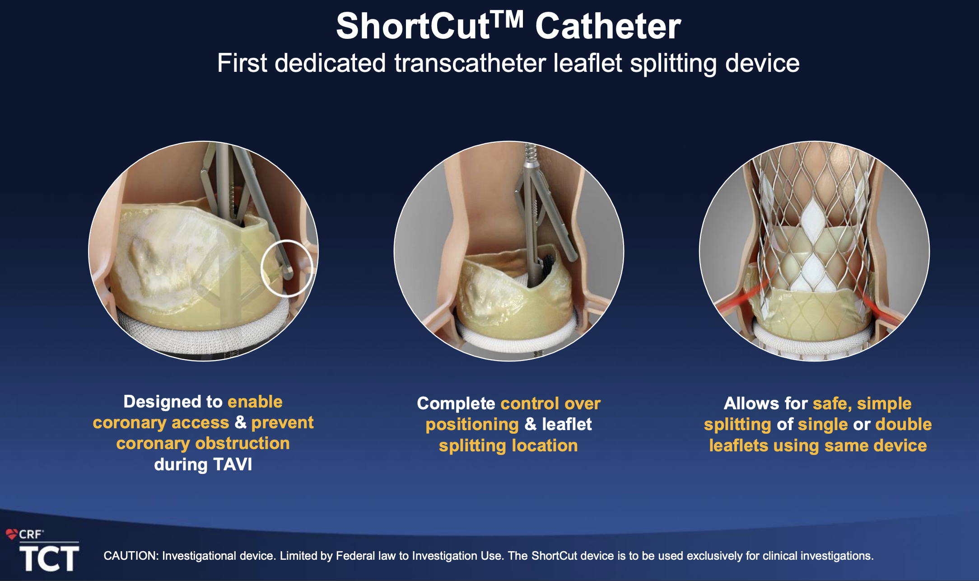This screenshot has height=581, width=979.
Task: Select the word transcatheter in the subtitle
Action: click(x=470, y=63)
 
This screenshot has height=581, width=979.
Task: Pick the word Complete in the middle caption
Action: click(x=456, y=403)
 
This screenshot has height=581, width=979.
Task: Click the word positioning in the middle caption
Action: click(x=472, y=425)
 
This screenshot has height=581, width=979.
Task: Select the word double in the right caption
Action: click(x=903, y=424)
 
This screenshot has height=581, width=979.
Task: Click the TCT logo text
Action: click(x=49, y=558)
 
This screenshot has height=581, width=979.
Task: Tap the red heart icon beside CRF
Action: click(x=12, y=534)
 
